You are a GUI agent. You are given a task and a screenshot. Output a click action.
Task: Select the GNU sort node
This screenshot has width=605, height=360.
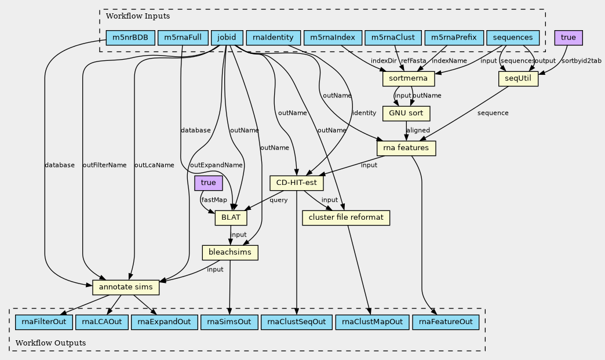(x=406, y=113)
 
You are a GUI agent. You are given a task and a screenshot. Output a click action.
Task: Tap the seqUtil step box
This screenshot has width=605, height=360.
(x=518, y=78)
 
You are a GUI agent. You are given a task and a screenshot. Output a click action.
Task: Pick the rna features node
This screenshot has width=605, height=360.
(x=406, y=148)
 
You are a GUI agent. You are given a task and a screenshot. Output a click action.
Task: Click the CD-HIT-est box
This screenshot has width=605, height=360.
(x=297, y=183)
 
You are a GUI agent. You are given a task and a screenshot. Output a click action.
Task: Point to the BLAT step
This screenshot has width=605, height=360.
(x=231, y=218)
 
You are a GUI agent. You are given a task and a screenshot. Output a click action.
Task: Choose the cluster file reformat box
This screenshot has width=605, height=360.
(x=346, y=218)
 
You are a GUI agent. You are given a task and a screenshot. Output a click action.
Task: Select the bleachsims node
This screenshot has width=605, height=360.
(x=230, y=253)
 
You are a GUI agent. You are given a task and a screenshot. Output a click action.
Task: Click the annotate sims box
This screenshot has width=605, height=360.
(x=125, y=287)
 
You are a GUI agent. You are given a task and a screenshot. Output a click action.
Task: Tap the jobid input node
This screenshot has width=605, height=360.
(x=226, y=38)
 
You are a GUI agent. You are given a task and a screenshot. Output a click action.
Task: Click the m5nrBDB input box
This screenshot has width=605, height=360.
(x=130, y=38)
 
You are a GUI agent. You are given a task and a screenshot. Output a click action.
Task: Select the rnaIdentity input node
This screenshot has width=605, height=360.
(x=274, y=38)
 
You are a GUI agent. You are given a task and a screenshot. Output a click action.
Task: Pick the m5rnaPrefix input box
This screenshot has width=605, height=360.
(x=454, y=38)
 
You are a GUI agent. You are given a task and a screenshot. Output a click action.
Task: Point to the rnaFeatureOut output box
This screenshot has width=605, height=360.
(x=446, y=322)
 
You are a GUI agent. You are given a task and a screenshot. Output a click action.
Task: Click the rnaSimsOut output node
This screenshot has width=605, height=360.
(x=229, y=322)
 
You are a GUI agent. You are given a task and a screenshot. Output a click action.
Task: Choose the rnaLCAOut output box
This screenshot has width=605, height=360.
(x=101, y=322)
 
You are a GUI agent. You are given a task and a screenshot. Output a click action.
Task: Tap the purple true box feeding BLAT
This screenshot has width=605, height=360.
(x=208, y=183)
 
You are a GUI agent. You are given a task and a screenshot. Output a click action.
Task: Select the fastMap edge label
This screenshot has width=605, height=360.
(x=214, y=200)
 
